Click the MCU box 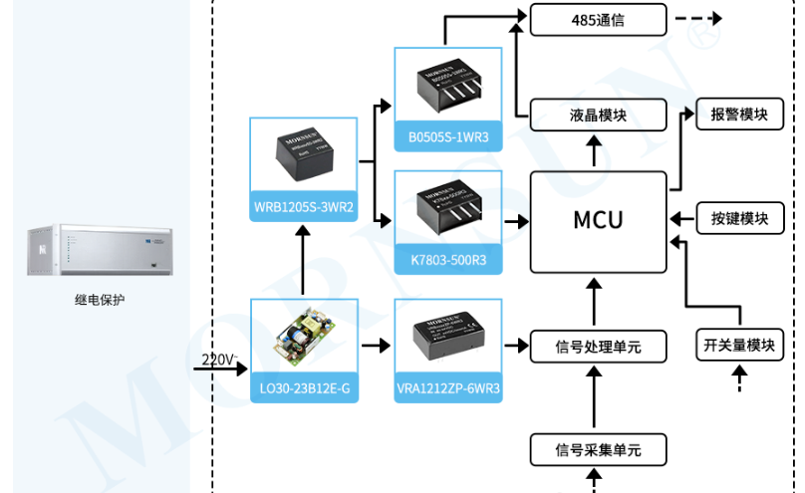click(597, 221)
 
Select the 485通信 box click(597, 19)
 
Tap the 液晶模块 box click(597, 115)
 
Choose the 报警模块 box click(738, 115)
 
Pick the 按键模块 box click(739, 218)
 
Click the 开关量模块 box click(738, 345)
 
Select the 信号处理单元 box click(597, 347)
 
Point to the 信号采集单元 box click(597, 449)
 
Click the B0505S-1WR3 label click(447, 136)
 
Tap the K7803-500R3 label click(447, 261)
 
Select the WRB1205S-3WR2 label click(302, 209)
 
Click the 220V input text click(218, 360)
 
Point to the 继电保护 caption click(100, 300)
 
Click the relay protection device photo click(100, 248)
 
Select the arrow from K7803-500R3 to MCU click(514, 222)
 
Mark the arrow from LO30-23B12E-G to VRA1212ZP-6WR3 click(375, 347)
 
